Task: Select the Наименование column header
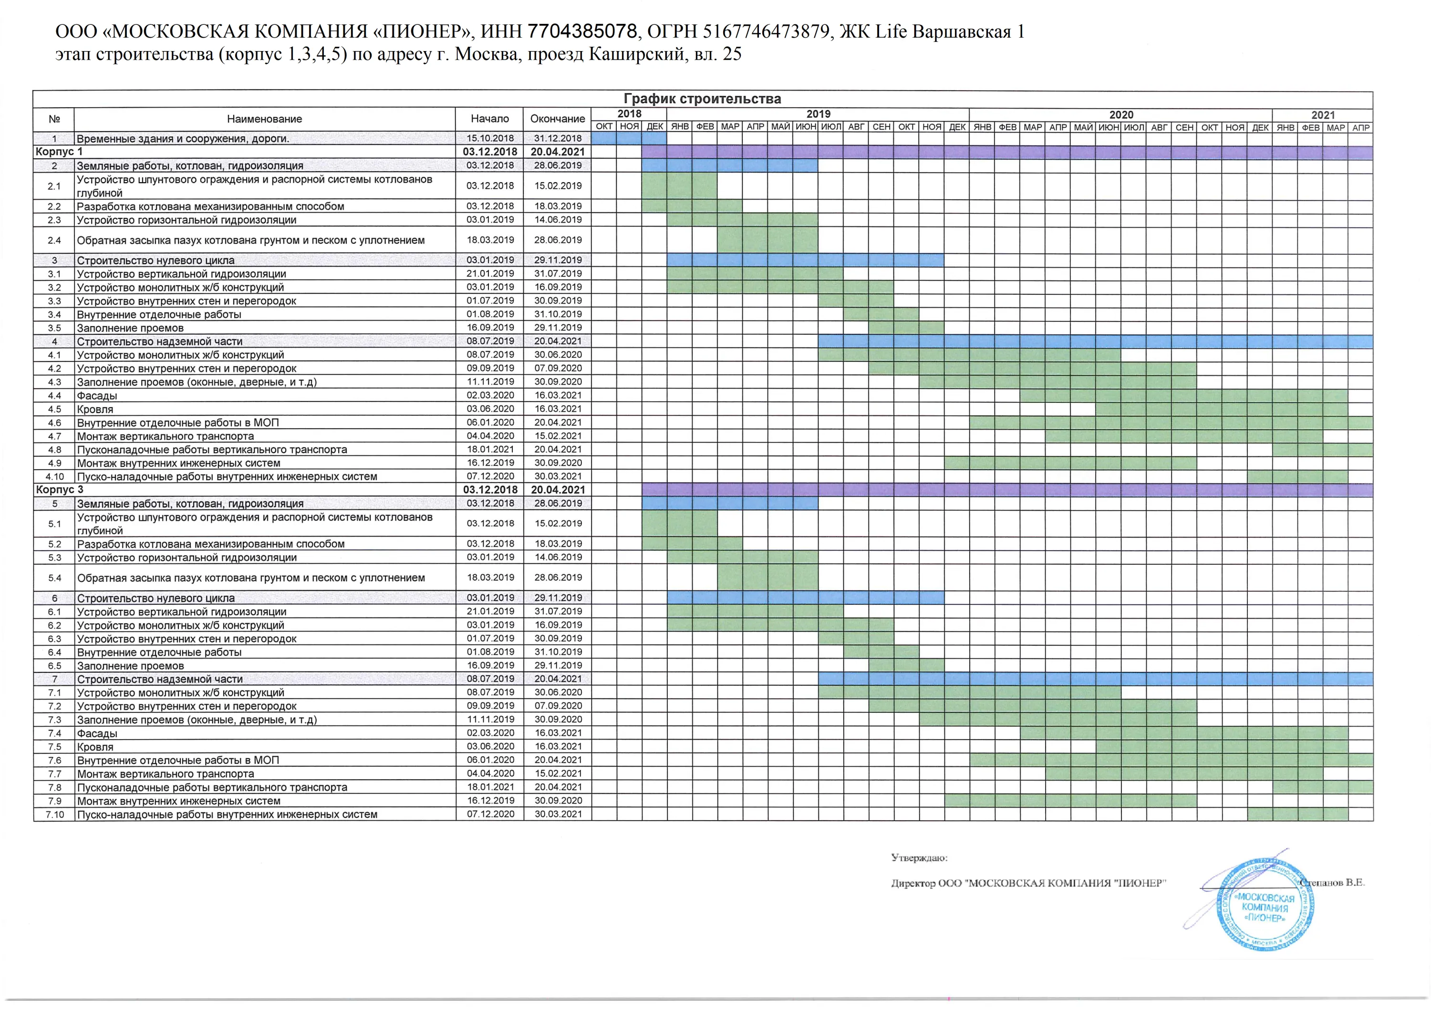coord(264,119)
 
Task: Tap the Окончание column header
coord(557,119)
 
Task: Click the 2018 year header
coord(629,114)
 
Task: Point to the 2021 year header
coord(1323,114)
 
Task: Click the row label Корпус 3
coord(59,490)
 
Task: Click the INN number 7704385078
coord(582,31)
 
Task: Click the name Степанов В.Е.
coord(1334,882)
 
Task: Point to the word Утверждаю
coord(919,858)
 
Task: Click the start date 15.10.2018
coord(490,138)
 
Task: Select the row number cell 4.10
coord(54,476)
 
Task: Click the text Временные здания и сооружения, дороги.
coord(183,138)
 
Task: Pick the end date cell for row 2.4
coord(557,240)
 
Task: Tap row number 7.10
coord(54,814)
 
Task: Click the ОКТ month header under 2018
coord(604,127)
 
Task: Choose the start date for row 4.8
coord(490,449)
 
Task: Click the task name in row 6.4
coord(159,652)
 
